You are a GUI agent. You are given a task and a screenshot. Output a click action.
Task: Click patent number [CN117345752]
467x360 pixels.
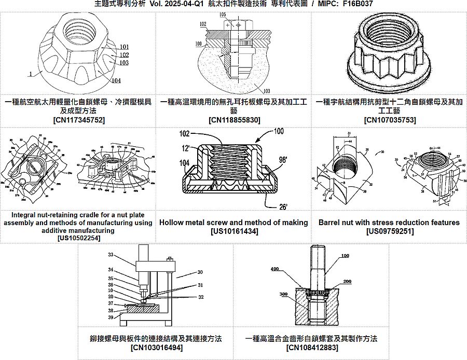78,120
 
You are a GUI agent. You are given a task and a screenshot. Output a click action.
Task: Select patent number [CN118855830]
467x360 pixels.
233,120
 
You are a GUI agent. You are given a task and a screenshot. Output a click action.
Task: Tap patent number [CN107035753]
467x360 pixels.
389,120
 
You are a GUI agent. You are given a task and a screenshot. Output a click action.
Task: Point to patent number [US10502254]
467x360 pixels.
78,238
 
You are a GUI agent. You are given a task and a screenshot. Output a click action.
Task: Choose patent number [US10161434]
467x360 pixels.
233,231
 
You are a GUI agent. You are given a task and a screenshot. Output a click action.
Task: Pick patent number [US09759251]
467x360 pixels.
389,231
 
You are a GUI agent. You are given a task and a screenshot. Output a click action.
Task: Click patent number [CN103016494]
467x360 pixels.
156,347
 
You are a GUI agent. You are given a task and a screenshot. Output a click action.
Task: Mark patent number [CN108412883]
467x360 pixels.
311,347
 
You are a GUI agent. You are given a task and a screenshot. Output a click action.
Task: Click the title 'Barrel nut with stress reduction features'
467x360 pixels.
389,223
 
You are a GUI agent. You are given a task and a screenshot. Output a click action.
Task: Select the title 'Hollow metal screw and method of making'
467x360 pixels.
233,223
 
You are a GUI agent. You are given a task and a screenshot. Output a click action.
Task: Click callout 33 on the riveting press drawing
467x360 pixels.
111,255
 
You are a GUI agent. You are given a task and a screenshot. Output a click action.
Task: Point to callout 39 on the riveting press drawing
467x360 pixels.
111,317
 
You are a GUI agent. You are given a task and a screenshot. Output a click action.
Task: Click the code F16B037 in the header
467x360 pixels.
358,4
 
